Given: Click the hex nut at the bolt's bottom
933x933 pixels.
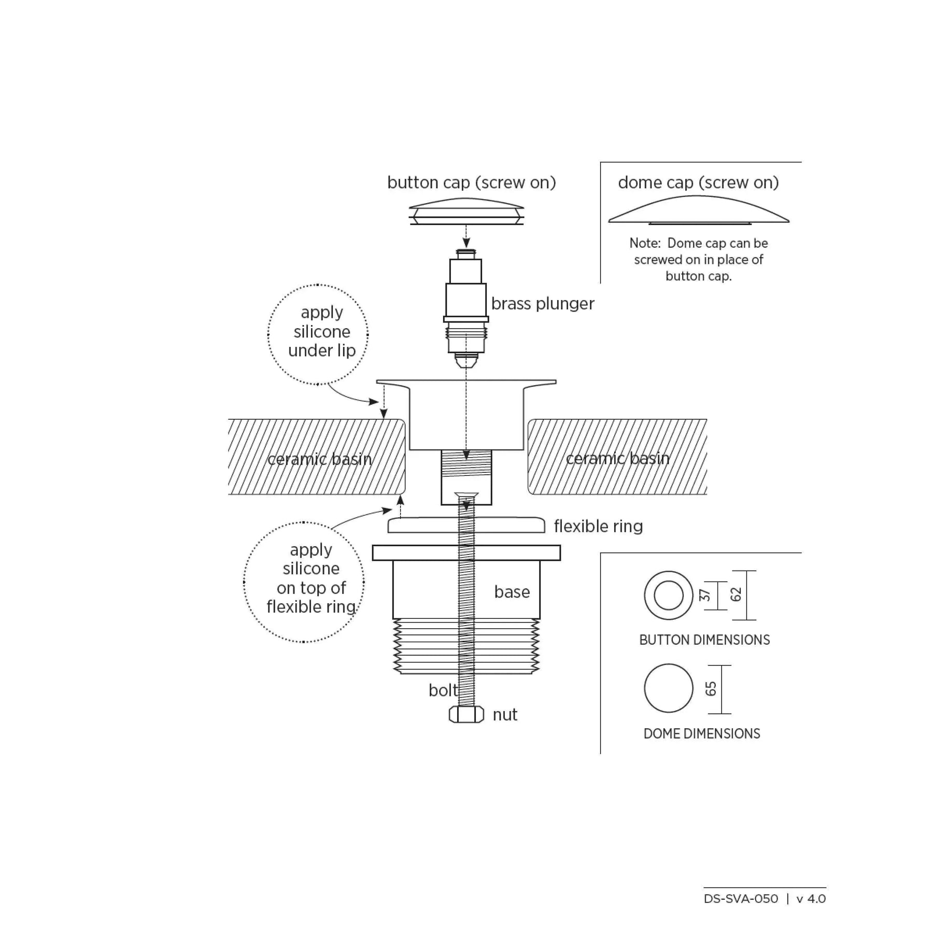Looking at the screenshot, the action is click(x=466, y=714).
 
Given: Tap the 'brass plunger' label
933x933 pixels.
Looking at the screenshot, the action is click(x=543, y=304).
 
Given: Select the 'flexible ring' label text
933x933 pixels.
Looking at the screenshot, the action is click(x=598, y=526).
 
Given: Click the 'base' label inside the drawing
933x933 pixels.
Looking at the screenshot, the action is click(x=512, y=592).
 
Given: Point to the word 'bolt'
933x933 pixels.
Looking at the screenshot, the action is click(x=443, y=690).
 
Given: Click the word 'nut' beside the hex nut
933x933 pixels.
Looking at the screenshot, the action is click(x=505, y=715).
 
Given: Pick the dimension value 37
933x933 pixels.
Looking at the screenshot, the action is click(x=705, y=596).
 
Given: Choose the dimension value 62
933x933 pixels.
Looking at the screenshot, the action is click(x=736, y=595).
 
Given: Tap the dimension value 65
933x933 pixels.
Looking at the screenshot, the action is click(x=711, y=689).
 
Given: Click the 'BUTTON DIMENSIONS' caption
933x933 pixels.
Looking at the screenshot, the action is click(x=704, y=640).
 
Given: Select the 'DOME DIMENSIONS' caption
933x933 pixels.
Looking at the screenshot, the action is click(x=702, y=734).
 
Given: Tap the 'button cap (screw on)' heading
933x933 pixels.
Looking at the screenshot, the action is click(x=472, y=182).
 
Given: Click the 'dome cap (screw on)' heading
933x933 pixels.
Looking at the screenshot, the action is click(x=698, y=182).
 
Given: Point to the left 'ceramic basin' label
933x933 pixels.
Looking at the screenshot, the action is click(x=319, y=459).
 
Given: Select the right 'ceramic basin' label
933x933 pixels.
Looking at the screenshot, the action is click(x=618, y=459).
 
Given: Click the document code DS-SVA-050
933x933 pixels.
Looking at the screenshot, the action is click(x=741, y=899).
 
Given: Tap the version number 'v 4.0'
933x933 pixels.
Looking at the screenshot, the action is click(x=811, y=899).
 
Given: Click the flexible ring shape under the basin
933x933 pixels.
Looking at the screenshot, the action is click(x=466, y=525).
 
